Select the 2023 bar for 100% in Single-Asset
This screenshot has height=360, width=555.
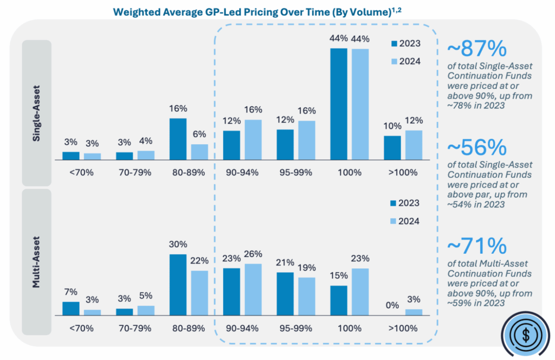pyautogui.click(x=339, y=104)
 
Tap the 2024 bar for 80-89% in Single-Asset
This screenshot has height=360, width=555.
pyautogui.click(x=199, y=152)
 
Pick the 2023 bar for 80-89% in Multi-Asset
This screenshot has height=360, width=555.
pyautogui.click(x=178, y=285)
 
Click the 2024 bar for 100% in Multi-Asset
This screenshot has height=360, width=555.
pyautogui.click(x=360, y=292)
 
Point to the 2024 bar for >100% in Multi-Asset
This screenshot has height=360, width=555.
pyautogui.click(x=414, y=312)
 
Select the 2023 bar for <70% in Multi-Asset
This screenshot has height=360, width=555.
pyautogui.click(x=70, y=308)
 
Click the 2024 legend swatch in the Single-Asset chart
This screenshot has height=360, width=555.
pyautogui.click(x=395, y=61)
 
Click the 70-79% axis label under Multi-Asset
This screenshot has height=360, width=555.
pyautogui.click(x=135, y=328)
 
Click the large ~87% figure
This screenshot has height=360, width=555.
pyautogui.click(x=475, y=50)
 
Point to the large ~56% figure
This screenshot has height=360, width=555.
pyautogui.click(x=475, y=147)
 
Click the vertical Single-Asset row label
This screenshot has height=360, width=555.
pyautogui.click(x=36, y=113)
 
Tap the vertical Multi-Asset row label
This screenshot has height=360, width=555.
pyautogui.click(x=36, y=261)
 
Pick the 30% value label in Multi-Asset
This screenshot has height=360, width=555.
pyautogui.click(x=178, y=245)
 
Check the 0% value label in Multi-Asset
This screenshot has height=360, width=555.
pyautogui.click(x=392, y=305)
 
